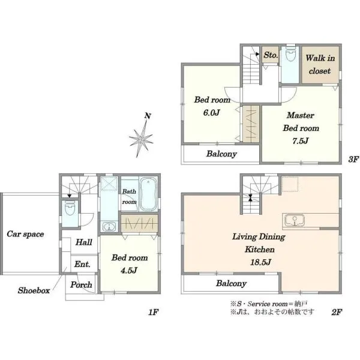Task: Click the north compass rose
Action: click(141, 139)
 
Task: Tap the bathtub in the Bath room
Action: click(148, 194)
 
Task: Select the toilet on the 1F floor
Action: click(70, 208)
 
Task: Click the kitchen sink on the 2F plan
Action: click(295, 221)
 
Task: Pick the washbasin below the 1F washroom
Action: click(109, 227)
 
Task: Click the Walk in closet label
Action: click(320, 65)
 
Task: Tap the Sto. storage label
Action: click(271, 55)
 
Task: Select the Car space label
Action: click(25, 234)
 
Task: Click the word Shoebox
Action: click(34, 290)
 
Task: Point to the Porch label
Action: click(81, 284)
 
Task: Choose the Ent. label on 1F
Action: click(82, 264)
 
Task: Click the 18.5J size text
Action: click(260, 262)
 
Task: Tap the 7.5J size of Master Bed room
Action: click(301, 141)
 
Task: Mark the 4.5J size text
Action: click(129, 271)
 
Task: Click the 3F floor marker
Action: click(353, 159)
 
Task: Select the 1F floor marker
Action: click(154, 312)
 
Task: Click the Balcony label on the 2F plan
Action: click(231, 283)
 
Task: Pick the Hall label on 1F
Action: click(84, 242)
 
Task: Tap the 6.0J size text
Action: click(211, 113)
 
